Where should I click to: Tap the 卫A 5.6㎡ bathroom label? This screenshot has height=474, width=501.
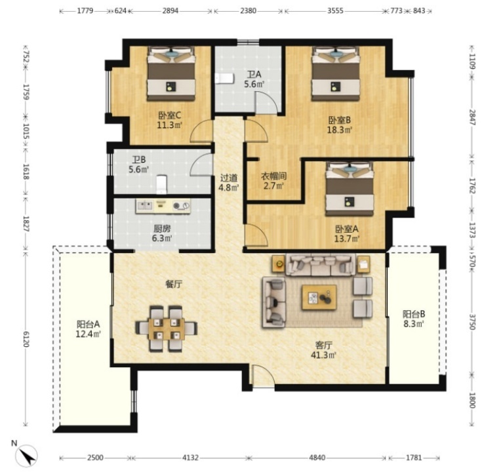254,79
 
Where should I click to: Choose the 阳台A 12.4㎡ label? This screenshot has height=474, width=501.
88,329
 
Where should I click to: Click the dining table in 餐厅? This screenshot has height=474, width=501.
167,328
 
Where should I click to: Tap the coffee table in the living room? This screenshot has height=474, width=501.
319,298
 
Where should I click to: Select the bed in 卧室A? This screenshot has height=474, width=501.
350,189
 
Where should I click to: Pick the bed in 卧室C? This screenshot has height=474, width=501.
171,74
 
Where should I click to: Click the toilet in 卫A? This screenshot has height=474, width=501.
225,79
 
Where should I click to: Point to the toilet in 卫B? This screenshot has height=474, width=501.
162,184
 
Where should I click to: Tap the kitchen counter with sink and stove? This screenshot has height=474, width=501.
163,206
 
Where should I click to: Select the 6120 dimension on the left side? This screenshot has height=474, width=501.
26,339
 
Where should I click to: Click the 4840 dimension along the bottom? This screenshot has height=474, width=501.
317,458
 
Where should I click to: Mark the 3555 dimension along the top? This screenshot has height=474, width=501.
335,11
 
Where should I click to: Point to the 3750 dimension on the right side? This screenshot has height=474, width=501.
473,322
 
